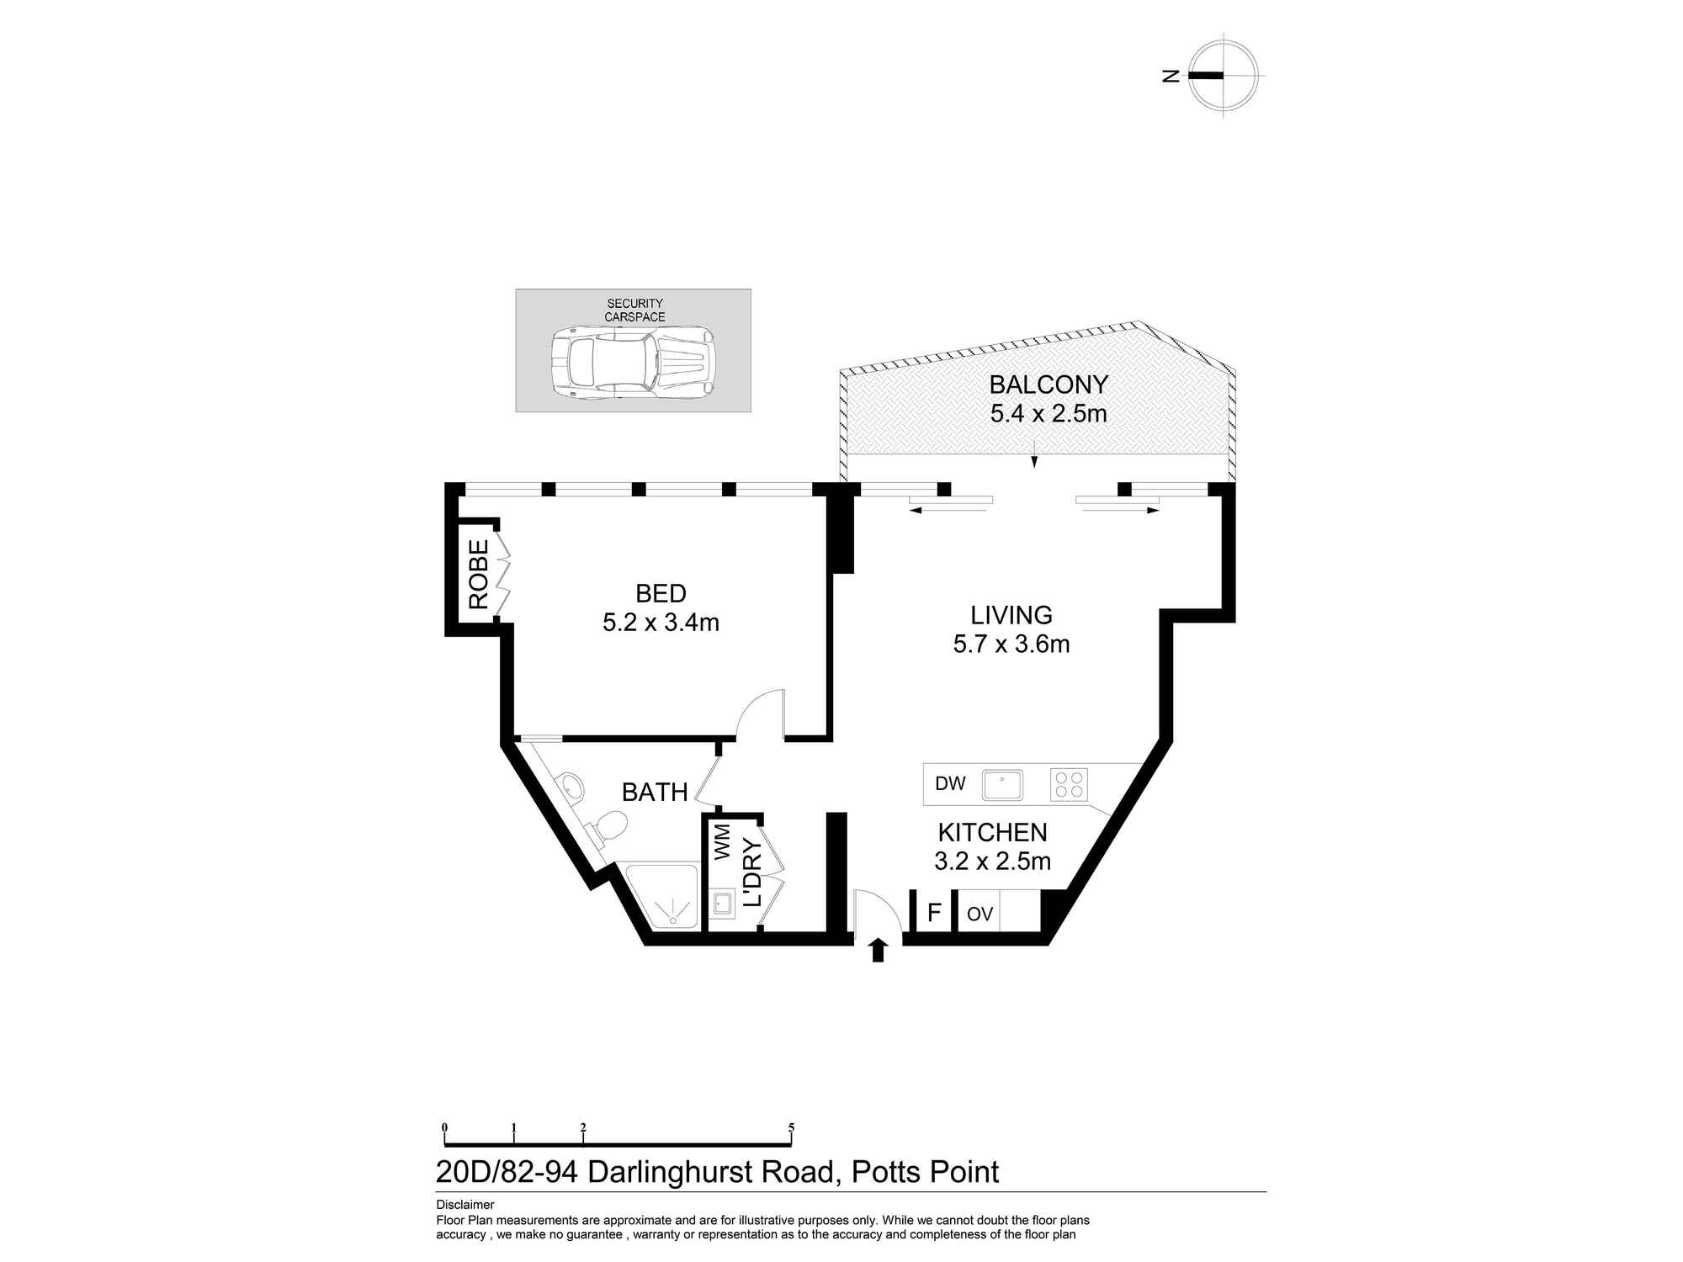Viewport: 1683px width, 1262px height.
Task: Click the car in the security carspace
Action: pyautogui.click(x=633, y=363)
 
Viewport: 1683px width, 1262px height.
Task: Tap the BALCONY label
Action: pyautogui.click(x=1049, y=384)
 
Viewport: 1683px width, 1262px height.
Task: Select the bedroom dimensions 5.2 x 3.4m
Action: pyautogui.click(x=661, y=623)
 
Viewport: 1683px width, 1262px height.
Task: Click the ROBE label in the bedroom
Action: pyautogui.click(x=478, y=575)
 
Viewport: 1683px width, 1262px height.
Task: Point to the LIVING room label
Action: pyautogui.click(x=1011, y=615)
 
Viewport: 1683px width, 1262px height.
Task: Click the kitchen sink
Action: pyautogui.click(x=1002, y=785)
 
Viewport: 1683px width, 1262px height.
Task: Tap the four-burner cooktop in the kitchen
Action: pyautogui.click(x=1069, y=785)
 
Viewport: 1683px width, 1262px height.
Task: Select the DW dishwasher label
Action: pyautogui.click(x=950, y=784)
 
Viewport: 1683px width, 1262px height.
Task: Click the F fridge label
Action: pyautogui.click(x=933, y=913)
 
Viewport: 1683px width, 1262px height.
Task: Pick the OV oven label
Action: pyautogui.click(x=980, y=915)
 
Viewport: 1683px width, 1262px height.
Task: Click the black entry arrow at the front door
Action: pyautogui.click(x=879, y=950)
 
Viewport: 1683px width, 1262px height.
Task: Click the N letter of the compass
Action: pyautogui.click(x=1171, y=75)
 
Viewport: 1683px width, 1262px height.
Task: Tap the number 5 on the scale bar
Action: pyautogui.click(x=791, y=1128)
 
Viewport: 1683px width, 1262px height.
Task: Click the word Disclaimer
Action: pyautogui.click(x=465, y=1205)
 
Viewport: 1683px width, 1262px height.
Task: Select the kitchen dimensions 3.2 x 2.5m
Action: pyautogui.click(x=993, y=862)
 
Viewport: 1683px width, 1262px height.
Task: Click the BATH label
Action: pyautogui.click(x=655, y=792)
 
